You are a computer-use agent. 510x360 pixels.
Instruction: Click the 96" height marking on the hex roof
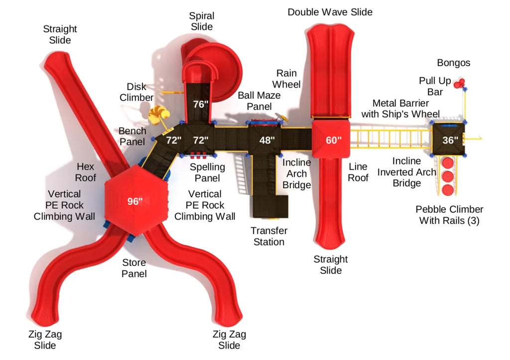(x=135, y=201)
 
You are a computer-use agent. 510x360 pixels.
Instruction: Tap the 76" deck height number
(x=201, y=105)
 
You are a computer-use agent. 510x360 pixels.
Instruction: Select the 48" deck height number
(x=267, y=140)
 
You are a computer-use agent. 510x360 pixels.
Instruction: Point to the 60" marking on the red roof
(x=334, y=140)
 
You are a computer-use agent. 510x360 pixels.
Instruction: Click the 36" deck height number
(x=450, y=140)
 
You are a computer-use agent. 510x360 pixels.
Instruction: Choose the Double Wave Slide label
(x=330, y=12)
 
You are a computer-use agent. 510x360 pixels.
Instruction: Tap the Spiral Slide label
(x=202, y=21)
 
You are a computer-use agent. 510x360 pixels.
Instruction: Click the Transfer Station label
(x=269, y=236)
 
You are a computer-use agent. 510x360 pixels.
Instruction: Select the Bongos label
(x=454, y=63)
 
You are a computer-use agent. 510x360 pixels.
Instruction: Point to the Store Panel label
(x=134, y=268)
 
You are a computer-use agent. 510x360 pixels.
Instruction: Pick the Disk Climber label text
(x=136, y=92)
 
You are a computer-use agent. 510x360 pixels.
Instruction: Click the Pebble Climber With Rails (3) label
(x=450, y=215)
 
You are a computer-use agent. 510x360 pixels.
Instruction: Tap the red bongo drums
(x=460, y=83)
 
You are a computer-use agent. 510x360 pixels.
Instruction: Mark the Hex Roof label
(x=86, y=172)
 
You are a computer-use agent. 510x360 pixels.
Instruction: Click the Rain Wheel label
(x=286, y=79)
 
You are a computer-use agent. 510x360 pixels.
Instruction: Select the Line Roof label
(x=358, y=172)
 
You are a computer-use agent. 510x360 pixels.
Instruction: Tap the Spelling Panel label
(x=208, y=172)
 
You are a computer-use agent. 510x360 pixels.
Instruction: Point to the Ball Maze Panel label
(x=259, y=101)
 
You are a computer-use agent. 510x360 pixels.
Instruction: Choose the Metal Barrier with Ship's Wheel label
(x=401, y=109)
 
